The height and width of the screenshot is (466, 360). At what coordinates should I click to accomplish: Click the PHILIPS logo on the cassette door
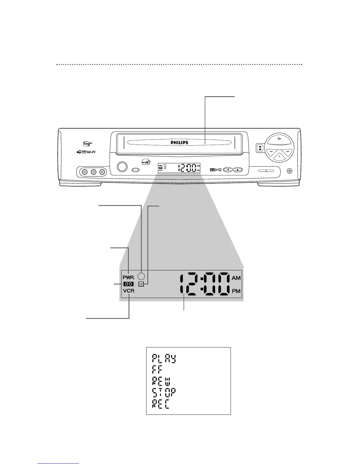(179, 142)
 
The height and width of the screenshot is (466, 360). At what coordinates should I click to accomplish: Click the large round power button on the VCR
(121, 167)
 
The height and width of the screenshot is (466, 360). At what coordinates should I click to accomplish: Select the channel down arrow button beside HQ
(228, 170)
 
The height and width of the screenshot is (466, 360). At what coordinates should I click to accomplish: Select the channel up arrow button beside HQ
(238, 170)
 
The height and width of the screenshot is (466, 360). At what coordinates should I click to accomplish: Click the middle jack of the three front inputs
(94, 172)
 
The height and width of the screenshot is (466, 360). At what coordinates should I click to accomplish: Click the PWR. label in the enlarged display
(129, 277)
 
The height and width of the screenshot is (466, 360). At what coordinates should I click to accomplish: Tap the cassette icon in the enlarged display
(129, 284)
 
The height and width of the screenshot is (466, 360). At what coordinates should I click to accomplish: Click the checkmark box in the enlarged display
(141, 284)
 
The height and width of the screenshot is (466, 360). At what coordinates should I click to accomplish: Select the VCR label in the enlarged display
(129, 291)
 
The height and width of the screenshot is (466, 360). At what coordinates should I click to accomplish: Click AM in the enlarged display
(236, 278)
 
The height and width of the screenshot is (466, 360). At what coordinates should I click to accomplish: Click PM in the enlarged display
(236, 291)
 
